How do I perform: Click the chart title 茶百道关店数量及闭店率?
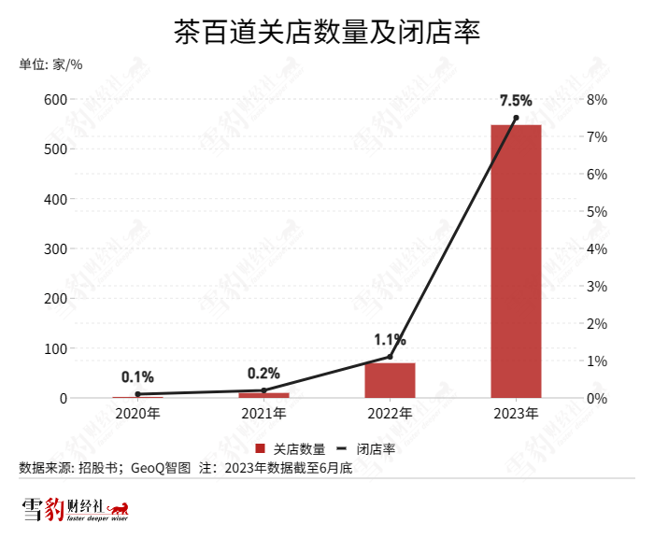pyautogui.click(x=327, y=35)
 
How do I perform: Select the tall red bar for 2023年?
pyautogui.click(x=516, y=262)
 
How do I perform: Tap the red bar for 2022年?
pyautogui.click(x=390, y=380)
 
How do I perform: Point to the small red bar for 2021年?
pyautogui.click(x=263, y=395)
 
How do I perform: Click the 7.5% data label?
pyautogui.click(x=516, y=100)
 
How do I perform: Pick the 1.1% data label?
pyautogui.click(x=390, y=339)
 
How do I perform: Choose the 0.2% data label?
pyautogui.click(x=263, y=373)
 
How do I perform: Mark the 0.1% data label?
pyautogui.click(x=137, y=377)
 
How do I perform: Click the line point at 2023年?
pyautogui.click(x=516, y=118)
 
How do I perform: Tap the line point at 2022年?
pyautogui.click(x=390, y=357)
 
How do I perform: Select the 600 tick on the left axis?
pyautogui.click(x=54, y=99)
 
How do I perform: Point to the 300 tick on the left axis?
pyautogui.click(x=54, y=248)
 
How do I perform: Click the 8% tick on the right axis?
pyautogui.click(x=597, y=99)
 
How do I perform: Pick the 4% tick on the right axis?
pyautogui.click(x=597, y=248)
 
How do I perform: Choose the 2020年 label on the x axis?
pyautogui.click(x=137, y=413)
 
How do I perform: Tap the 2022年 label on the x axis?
pyautogui.click(x=390, y=413)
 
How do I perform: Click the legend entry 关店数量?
pyautogui.click(x=291, y=448)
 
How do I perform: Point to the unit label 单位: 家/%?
pyautogui.click(x=51, y=64)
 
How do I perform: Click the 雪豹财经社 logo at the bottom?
pyautogui.click(x=75, y=510)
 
